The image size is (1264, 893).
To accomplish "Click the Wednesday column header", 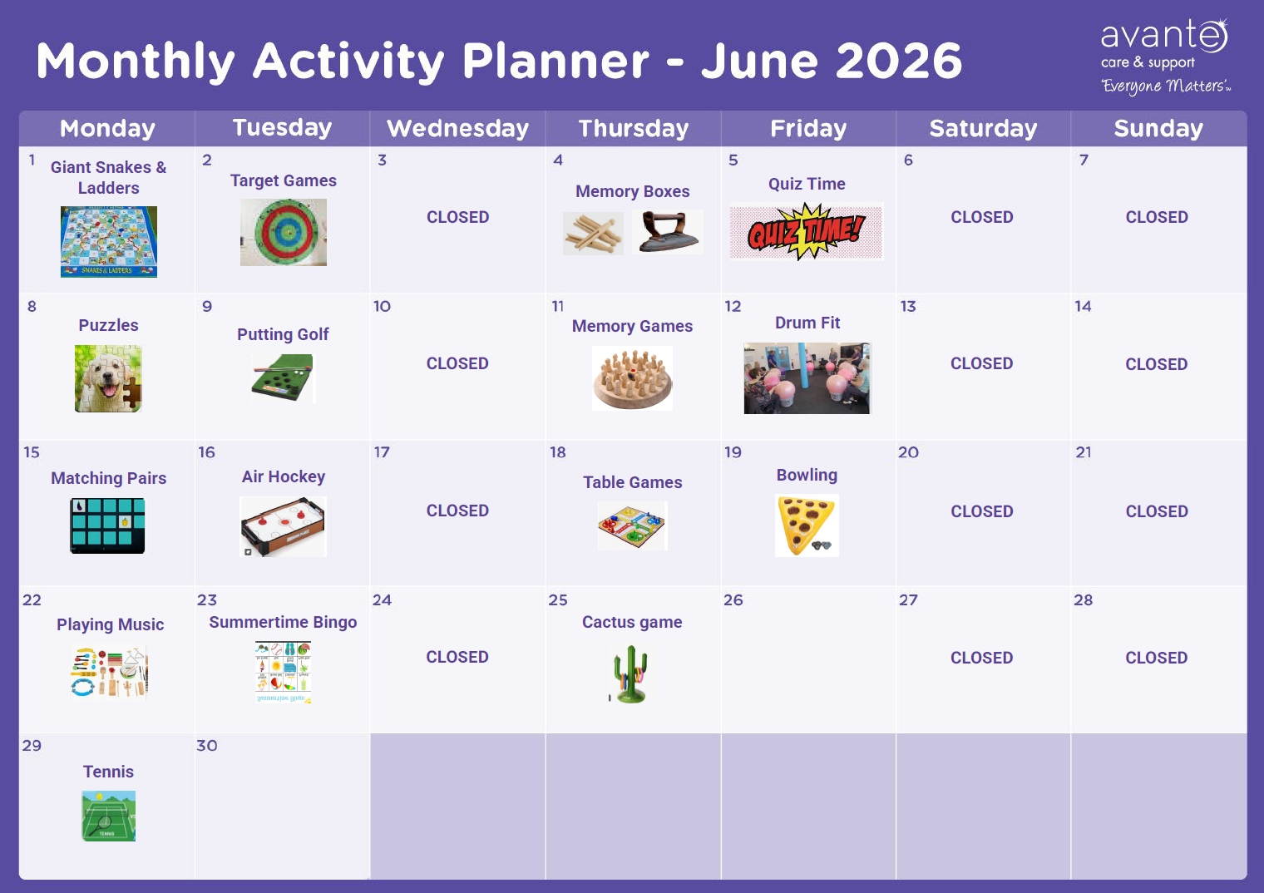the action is [457, 129].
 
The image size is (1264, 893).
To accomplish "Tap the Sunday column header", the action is [1158, 129].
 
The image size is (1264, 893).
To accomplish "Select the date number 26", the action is [733, 599].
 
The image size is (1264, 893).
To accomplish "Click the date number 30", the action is [206, 745].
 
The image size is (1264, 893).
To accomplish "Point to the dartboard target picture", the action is [284, 232].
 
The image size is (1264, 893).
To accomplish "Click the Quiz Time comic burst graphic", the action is [807, 231].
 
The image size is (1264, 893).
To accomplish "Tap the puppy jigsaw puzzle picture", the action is [108, 378].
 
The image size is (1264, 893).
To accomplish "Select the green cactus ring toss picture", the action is [631, 673].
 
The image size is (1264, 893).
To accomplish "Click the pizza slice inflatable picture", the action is [807, 525].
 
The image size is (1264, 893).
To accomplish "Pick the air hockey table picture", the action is [283, 526].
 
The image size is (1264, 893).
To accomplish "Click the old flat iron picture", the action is [669, 232].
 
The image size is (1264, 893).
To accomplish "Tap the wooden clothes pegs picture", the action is [593, 234].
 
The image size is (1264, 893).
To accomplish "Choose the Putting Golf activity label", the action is [283, 334].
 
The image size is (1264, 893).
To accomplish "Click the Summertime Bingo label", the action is [283, 622].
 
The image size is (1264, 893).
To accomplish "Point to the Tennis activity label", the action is [108, 771].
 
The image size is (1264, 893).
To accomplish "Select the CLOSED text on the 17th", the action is [457, 511].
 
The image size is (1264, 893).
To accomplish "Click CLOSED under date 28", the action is [1157, 657].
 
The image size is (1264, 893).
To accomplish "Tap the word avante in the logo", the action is [1163, 35].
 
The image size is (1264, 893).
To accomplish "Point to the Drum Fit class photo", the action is [807, 378].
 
